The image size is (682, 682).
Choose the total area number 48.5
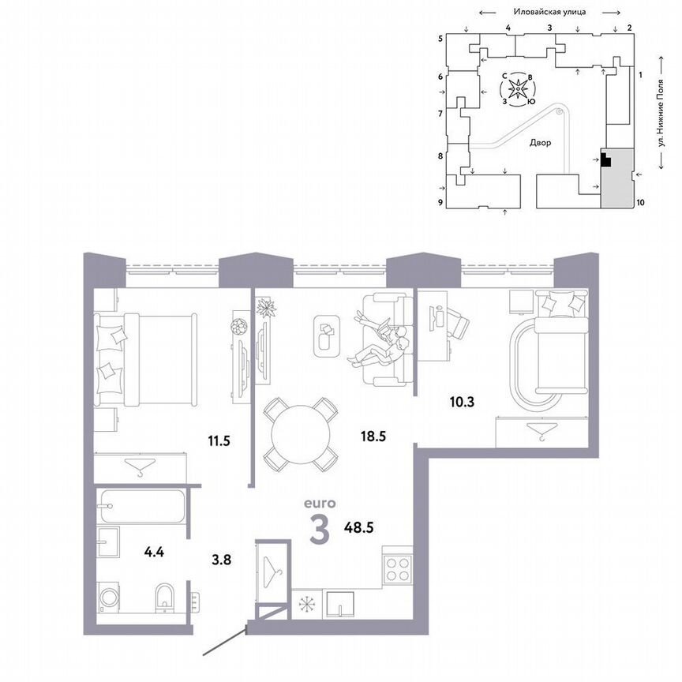pyautogui.click(x=361, y=523)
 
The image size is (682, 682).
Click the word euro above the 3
pyautogui.click(x=320, y=502)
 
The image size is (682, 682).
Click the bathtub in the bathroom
pyautogui.click(x=141, y=506)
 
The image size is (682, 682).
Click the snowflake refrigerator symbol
pyautogui.click(x=305, y=604)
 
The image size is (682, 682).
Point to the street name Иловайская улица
pyautogui.click(x=548, y=12)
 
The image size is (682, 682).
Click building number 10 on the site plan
pyautogui.click(x=640, y=202)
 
